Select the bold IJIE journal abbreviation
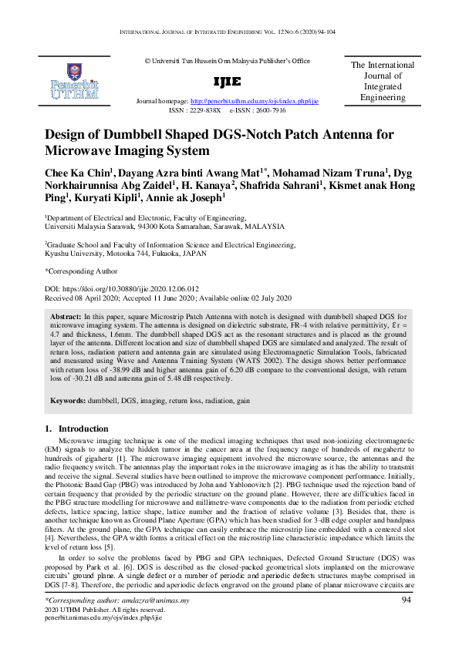231,82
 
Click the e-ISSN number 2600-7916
270,110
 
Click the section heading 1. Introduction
76,429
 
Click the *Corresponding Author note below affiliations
81,271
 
